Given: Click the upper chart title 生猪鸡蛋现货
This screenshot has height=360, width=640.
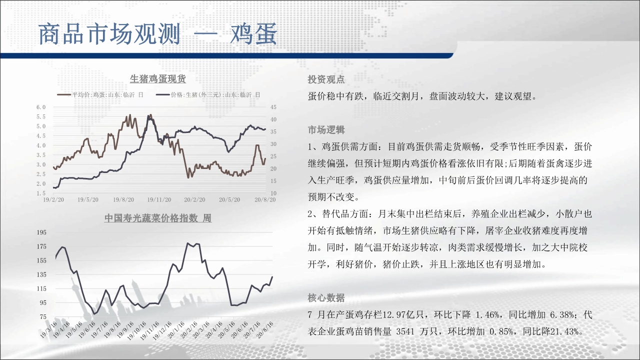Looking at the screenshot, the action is point(157,79).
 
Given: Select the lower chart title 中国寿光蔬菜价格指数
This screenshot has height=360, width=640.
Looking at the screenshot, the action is point(151,218).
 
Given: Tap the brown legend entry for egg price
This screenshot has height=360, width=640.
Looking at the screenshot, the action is point(100,94).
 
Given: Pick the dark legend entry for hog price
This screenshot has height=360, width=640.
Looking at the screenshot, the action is point(208,94).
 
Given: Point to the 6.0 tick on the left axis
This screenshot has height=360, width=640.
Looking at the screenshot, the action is point(41,107).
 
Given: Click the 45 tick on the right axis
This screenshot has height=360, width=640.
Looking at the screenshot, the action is point(273,107).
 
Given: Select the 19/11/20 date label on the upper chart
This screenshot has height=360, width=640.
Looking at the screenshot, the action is point(159,199).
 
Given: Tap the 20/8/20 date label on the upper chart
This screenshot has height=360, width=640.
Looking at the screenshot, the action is point(265,199).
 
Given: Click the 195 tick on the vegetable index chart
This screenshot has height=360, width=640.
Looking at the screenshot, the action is point(41,232).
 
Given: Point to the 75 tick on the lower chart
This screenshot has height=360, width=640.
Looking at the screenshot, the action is point(43,316).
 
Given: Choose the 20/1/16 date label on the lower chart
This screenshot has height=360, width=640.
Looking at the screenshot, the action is point(176,329).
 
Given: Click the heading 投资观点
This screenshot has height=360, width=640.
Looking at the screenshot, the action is point(326,79).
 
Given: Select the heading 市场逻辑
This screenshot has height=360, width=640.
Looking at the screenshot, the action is point(326,130).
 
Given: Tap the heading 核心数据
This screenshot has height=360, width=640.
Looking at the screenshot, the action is point(326,297).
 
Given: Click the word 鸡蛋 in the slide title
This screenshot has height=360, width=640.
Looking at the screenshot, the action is point(253,34).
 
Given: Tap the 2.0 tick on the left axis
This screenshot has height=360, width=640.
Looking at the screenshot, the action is point(41,183).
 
